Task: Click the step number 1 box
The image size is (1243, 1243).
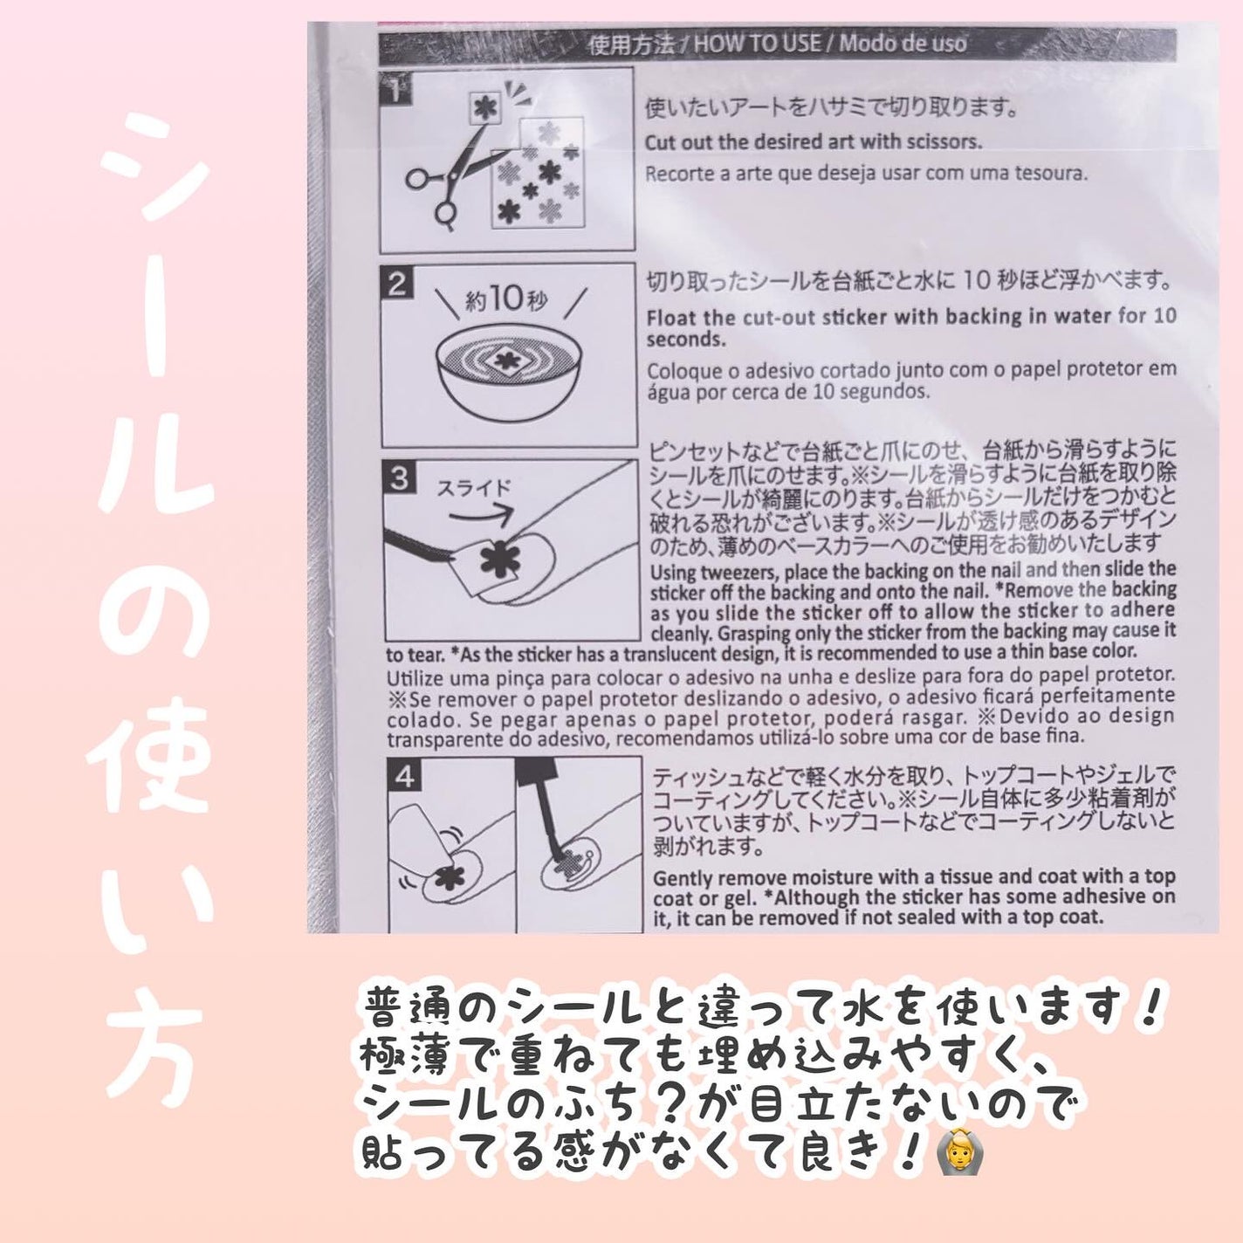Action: [396, 90]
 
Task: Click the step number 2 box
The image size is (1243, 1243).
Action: [398, 285]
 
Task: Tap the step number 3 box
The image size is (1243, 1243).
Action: [400, 479]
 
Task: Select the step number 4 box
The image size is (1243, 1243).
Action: [405, 776]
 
